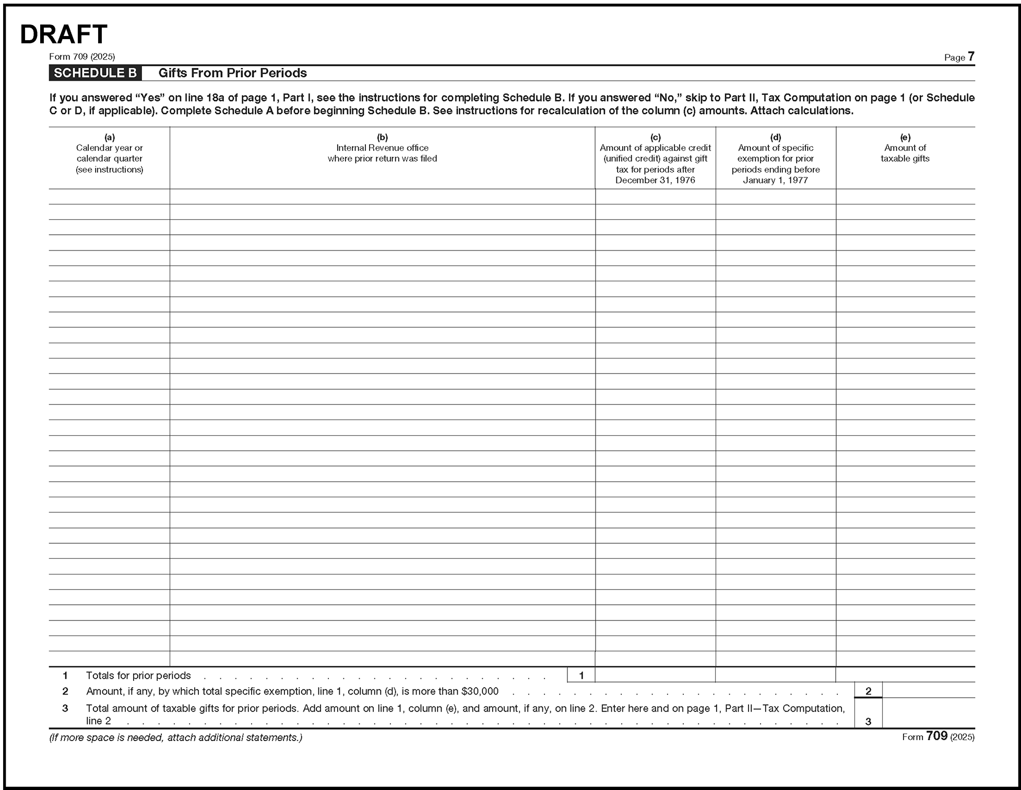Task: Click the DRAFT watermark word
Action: pyautogui.click(x=63, y=34)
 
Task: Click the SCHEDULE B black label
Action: pyautogui.click(x=95, y=73)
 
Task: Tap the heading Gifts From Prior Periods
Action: pyautogui.click(x=232, y=73)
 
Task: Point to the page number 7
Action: pyautogui.click(x=971, y=56)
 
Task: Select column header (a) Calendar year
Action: pyautogui.click(x=109, y=153)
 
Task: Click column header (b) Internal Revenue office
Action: pyautogui.click(x=382, y=148)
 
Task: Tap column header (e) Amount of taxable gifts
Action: pyautogui.click(x=905, y=148)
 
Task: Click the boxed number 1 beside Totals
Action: pyautogui.click(x=581, y=676)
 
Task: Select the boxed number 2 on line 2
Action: pyautogui.click(x=868, y=691)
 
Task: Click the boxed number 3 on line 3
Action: pyautogui.click(x=868, y=722)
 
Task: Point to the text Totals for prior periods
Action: pyautogui.click(x=138, y=676)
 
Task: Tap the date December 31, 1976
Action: pyautogui.click(x=655, y=181)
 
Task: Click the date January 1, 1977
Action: pyautogui.click(x=775, y=181)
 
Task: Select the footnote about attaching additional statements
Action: pyautogui.click(x=175, y=738)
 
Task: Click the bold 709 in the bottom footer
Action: pyautogui.click(x=936, y=736)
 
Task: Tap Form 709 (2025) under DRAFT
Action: pyautogui.click(x=82, y=57)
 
